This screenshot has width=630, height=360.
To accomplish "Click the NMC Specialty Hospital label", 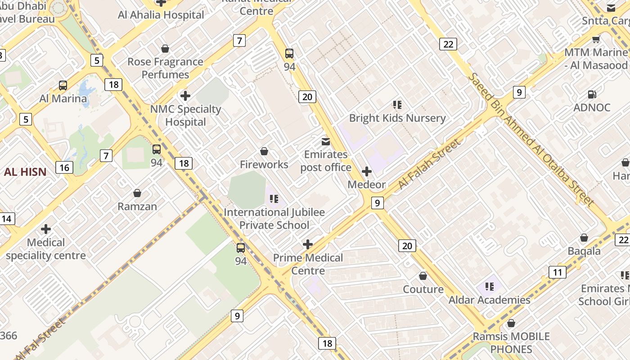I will [185, 116].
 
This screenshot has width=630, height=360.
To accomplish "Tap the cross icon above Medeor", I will [367, 171].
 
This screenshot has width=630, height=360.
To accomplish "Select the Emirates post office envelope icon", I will [326, 142].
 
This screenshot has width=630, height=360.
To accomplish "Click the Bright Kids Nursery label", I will [397, 118].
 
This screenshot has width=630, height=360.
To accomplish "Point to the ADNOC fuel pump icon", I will [592, 94].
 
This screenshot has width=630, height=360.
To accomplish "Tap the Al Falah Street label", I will [429, 164].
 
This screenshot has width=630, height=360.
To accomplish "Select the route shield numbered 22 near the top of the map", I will [448, 44].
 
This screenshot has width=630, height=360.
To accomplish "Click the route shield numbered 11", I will [557, 272].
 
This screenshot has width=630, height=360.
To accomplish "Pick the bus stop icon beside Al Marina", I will [63, 85].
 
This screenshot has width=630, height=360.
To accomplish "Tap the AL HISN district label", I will [25, 171].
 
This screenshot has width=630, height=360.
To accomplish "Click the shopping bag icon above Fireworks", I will [264, 151].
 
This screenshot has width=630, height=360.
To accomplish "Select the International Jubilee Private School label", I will [274, 219].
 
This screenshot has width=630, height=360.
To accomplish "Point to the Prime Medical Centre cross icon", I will [308, 244].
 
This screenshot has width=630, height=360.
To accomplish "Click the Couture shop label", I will [423, 289].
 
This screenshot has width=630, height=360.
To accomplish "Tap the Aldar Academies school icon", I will [490, 286].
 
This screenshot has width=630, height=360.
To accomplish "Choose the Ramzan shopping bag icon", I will [137, 193].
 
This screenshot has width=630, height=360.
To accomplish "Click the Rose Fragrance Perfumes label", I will [165, 68].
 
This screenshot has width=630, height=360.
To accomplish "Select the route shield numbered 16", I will [64, 168].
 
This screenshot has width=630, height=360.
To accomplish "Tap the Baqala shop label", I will [584, 251].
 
